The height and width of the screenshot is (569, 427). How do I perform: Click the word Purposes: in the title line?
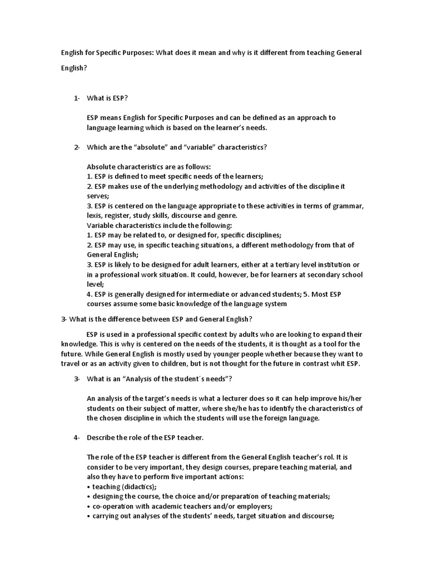[x=136, y=52]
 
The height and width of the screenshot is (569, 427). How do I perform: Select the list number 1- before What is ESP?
[x=77, y=98]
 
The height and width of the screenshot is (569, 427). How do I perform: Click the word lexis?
[x=96, y=216]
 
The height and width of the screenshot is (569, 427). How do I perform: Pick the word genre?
[x=227, y=216]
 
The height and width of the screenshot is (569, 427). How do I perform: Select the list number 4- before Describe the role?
[x=77, y=438]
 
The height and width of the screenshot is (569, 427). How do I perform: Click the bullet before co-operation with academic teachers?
[x=89, y=507]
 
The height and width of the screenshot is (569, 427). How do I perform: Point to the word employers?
[x=265, y=507]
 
